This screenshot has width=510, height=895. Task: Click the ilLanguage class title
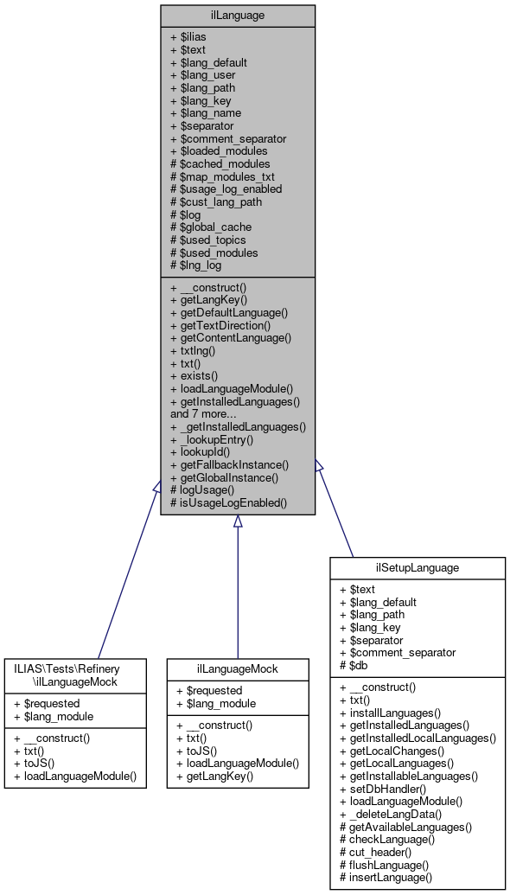[237, 15]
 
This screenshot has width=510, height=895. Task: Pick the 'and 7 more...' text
[212, 413]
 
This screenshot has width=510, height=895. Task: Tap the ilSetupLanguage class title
[417, 568]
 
